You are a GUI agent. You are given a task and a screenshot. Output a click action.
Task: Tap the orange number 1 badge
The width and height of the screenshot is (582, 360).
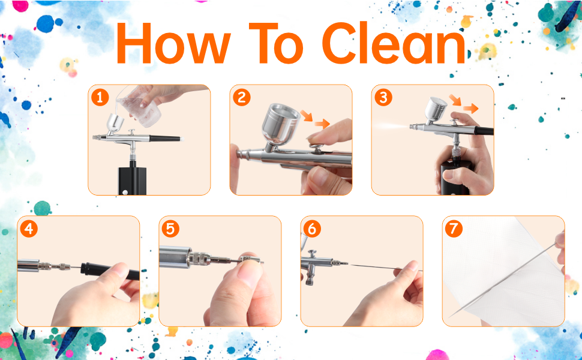100,97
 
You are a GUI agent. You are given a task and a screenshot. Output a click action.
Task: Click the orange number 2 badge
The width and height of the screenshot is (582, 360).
241,97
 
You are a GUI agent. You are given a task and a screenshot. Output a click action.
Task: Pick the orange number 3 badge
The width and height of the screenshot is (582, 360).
383,97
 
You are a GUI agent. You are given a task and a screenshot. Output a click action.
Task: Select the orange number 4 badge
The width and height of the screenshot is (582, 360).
29,229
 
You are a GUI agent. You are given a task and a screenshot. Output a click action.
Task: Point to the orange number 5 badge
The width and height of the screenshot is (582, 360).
171,229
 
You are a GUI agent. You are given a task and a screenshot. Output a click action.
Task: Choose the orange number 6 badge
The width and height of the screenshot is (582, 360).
313,229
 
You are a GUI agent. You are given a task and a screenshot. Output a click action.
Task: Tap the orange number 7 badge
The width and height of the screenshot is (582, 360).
454,229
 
